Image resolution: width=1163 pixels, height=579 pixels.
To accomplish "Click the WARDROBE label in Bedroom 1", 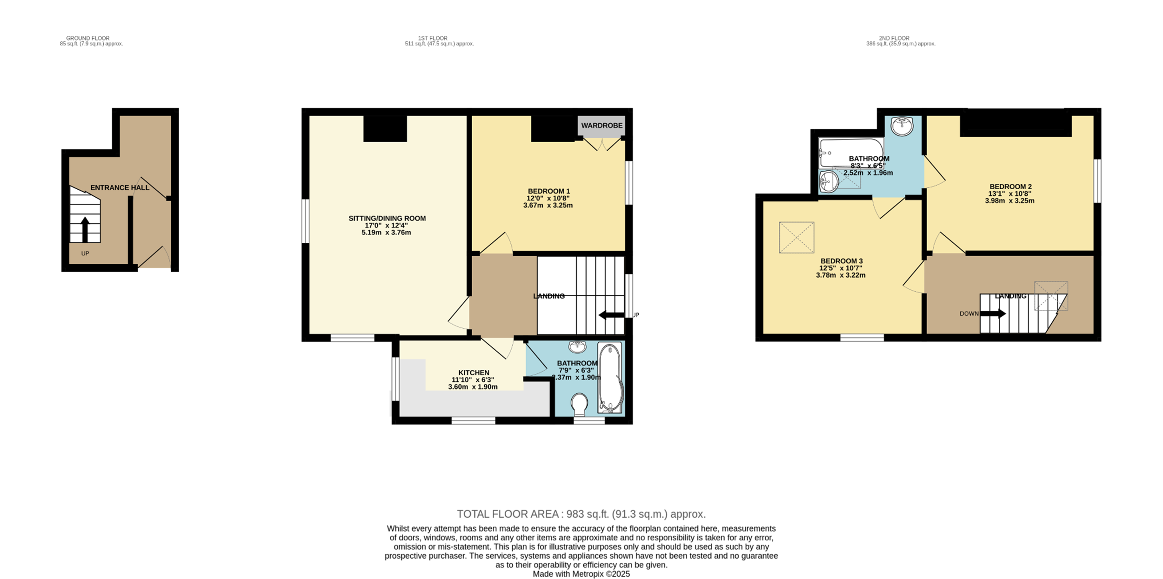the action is (x=602, y=126).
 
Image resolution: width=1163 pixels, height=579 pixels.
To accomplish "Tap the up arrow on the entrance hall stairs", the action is (x=85, y=230).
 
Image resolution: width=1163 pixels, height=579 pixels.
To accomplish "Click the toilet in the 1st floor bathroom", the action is (x=579, y=405).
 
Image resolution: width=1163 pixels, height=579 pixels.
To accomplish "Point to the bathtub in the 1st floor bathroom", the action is (x=609, y=378).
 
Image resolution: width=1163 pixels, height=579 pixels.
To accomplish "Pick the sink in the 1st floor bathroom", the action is (x=577, y=347).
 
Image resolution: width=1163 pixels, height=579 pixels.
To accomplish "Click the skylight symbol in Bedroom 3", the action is (x=796, y=238).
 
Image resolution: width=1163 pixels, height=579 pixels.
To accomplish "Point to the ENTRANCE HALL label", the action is (x=120, y=188).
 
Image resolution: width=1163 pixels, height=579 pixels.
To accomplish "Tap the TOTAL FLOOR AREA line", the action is (x=581, y=514).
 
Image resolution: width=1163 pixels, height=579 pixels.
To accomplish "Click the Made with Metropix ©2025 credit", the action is (x=581, y=574).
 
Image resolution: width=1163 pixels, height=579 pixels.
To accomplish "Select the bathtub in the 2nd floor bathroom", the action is (x=851, y=153).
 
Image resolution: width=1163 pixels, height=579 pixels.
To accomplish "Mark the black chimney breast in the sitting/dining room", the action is (x=385, y=128).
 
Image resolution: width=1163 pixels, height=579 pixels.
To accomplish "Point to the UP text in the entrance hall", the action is (x=85, y=253).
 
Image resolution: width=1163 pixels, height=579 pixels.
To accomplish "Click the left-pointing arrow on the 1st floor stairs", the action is (x=611, y=315).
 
